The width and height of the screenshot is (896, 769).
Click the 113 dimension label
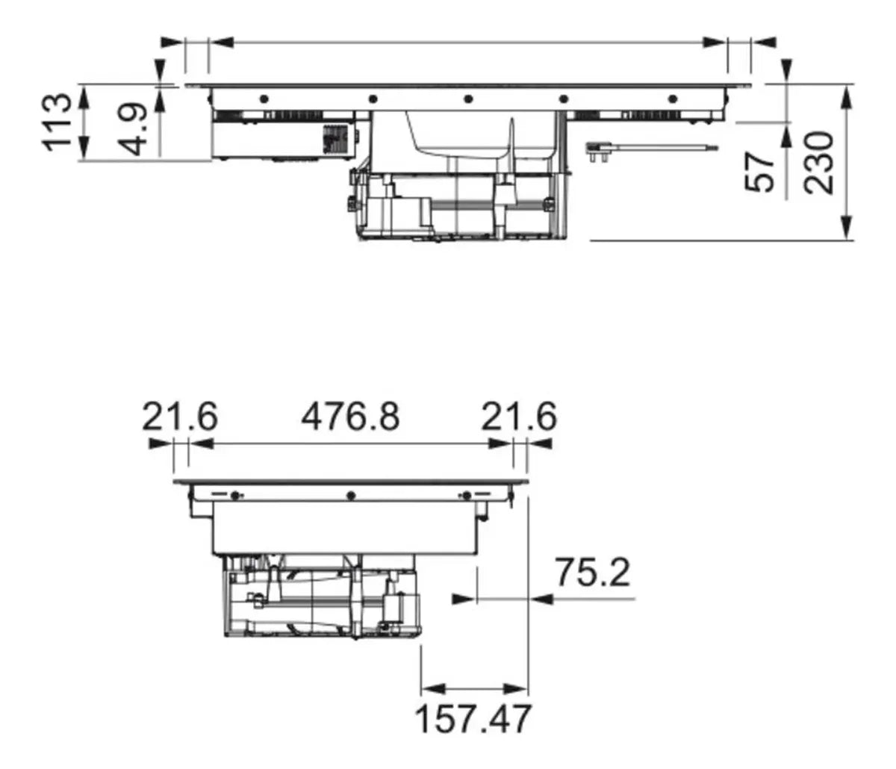58,122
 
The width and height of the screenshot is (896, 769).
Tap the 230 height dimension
820,163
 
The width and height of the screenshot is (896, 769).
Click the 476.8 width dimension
350,417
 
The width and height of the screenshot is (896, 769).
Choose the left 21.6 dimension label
180,417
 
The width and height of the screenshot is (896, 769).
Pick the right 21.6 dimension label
518,417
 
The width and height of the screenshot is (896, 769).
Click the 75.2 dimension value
592,573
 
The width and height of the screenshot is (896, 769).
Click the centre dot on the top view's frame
467,99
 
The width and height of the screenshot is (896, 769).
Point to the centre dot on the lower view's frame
349,494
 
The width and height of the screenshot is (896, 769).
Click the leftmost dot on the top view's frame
263,99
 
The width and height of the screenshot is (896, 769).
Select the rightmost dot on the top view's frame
672,99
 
